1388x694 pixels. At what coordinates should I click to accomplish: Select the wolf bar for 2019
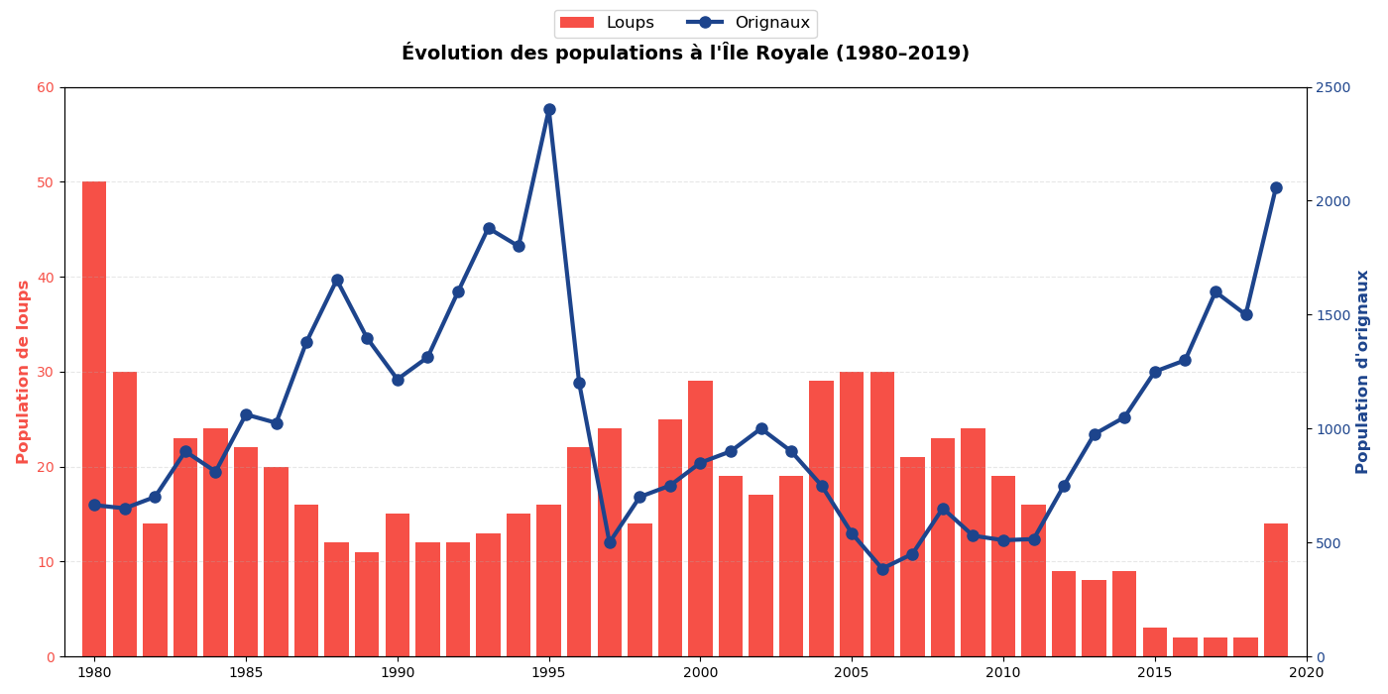pyautogui.click(x=1276, y=590)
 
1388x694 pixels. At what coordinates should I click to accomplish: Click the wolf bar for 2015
pyautogui.click(x=1155, y=641)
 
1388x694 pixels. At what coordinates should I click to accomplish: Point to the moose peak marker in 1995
pyautogui.click(x=549, y=110)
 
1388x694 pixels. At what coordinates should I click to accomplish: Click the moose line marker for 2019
pyautogui.click(x=1276, y=187)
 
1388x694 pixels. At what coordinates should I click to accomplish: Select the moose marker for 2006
pyautogui.click(x=882, y=569)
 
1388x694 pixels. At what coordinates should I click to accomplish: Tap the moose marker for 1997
pyautogui.click(x=610, y=542)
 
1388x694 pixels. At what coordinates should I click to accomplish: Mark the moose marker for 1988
pyautogui.click(x=337, y=280)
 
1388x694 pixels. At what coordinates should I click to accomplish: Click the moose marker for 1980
pyautogui.click(x=94, y=505)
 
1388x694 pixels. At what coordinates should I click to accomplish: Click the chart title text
pyautogui.click(x=685, y=54)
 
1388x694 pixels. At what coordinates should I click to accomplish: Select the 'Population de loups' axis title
pyautogui.click(x=23, y=372)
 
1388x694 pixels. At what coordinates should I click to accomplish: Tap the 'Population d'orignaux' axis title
pyautogui.click(x=1362, y=372)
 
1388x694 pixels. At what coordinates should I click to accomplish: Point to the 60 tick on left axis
pyautogui.click(x=46, y=87)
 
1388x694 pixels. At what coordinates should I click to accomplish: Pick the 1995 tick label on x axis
pyautogui.click(x=549, y=672)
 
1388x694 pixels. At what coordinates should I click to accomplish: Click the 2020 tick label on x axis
pyautogui.click(x=1306, y=672)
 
